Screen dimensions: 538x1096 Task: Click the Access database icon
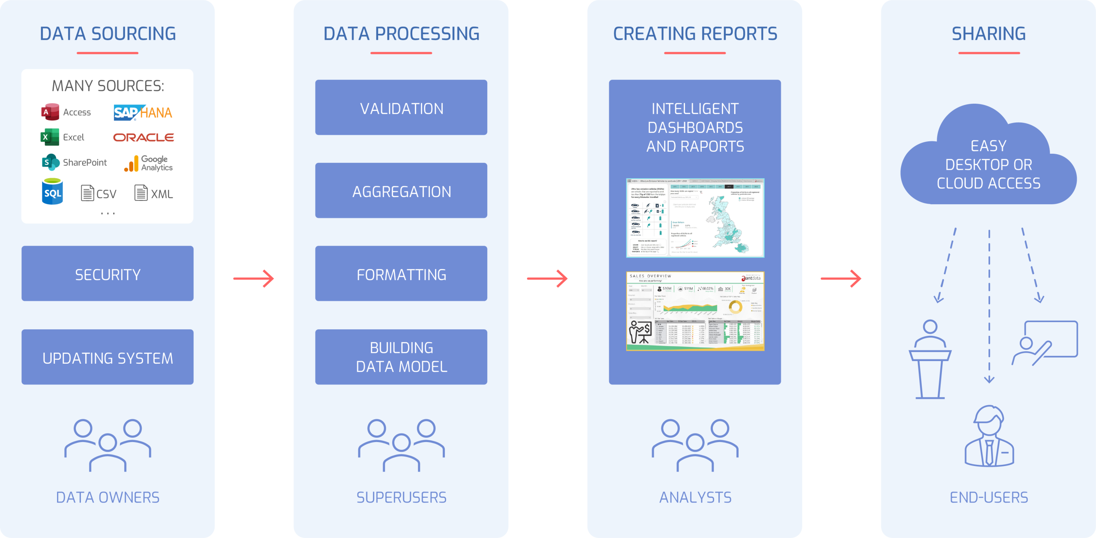click(50, 112)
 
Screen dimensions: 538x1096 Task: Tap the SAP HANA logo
click(143, 113)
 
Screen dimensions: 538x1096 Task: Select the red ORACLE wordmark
click(143, 137)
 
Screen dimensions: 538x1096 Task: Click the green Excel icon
click(50, 137)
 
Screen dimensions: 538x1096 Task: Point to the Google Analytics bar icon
click(131, 164)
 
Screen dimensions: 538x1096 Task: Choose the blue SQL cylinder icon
click(52, 191)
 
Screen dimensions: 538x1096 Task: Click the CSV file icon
click(87, 193)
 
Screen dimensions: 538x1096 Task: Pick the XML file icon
click(141, 193)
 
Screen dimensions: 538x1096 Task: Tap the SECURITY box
click(107, 274)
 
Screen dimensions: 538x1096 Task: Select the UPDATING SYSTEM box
click(107, 357)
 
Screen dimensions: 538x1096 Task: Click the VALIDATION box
click(401, 108)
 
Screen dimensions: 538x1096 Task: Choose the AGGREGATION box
click(401, 191)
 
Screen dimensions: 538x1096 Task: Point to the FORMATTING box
click(401, 274)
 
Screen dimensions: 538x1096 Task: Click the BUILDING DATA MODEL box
click(401, 357)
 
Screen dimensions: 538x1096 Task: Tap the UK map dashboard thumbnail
click(695, 218)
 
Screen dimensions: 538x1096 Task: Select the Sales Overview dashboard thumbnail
click(695, 311)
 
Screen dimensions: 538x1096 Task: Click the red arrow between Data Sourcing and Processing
click(254, 279)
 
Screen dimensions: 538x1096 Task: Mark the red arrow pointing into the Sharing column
click(841, 279)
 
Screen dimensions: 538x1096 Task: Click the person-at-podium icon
click(930, 359)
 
